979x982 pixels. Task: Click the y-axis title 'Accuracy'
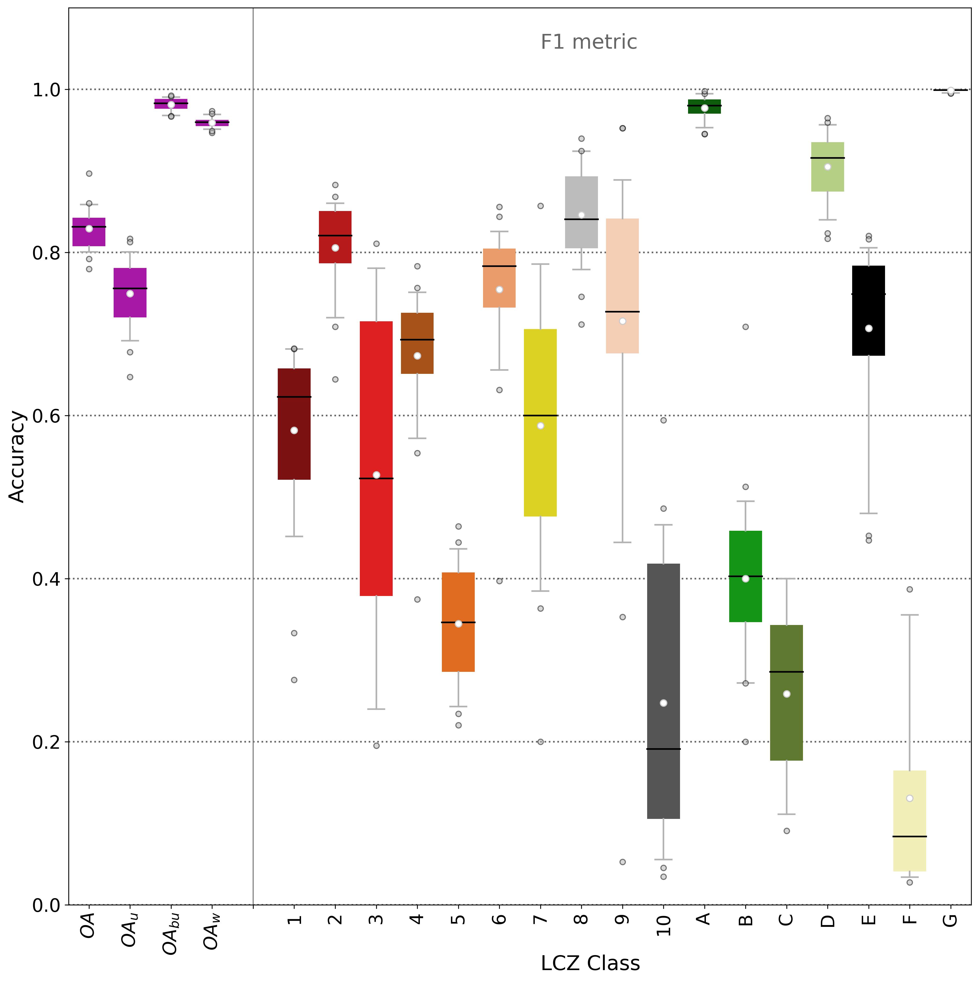point(17,456)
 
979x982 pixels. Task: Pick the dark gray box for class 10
point(663,661)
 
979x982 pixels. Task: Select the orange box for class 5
point(458,645)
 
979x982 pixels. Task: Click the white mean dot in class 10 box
point(663,703)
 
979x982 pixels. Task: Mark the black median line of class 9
point(622,311)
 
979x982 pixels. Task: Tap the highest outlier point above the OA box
point(89,173)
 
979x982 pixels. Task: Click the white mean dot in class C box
point(786,694)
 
